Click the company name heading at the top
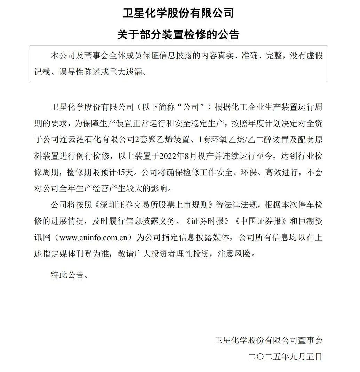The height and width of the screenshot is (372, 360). coord(178,14)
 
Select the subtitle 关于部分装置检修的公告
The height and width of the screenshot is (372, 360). coord(178,35)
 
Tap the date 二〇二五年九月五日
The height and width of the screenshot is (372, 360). coord(285,356)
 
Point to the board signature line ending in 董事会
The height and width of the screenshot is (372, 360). coord(268,340)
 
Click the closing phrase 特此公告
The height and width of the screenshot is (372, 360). coord(67,275)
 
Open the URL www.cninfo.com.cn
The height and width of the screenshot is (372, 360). coord(96,238)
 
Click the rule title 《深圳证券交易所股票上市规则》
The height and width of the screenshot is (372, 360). coord(154,205)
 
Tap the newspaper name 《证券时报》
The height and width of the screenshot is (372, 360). coord(208,221)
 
